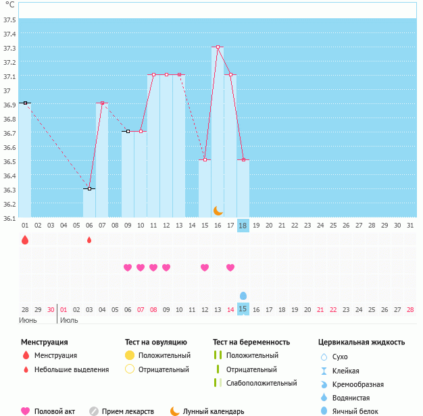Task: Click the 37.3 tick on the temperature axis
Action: [x=9, y=48]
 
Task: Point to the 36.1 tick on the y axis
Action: [x=9, y=218]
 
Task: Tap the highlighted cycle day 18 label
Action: [x=243, y=225]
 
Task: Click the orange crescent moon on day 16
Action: [x=218, y=210]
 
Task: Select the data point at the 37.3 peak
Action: [x=218, y=47]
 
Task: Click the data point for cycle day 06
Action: [x=89, y=189]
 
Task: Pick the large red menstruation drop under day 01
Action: [x=25, y=240]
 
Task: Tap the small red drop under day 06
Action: [x=89, y=240]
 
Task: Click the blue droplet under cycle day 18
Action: [x=243, y=295]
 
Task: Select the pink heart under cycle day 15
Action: [x=205, y=267]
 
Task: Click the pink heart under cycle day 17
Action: [x=230, y=267]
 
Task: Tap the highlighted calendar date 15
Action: [x=243, y=309]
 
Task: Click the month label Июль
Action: [x=69, y=320]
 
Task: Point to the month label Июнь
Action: [x=28, y=320]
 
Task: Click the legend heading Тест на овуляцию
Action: [x=155, y=342]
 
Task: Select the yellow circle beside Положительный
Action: [x=130, y=355]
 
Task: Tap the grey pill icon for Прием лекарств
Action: [x=94, y=411]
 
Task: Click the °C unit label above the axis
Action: [x=9, y=5]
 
